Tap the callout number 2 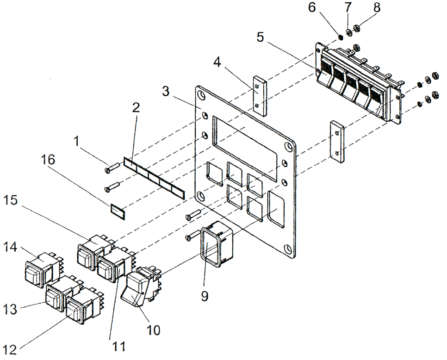(x=136, y=108)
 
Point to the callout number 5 (x=261, y=37)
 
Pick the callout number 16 (x=49, y=160)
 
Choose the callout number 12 (x=10, y=347)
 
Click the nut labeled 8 (x=357, y=29)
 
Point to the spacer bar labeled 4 (x=260, y=96)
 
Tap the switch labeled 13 (x=59, y=296)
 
